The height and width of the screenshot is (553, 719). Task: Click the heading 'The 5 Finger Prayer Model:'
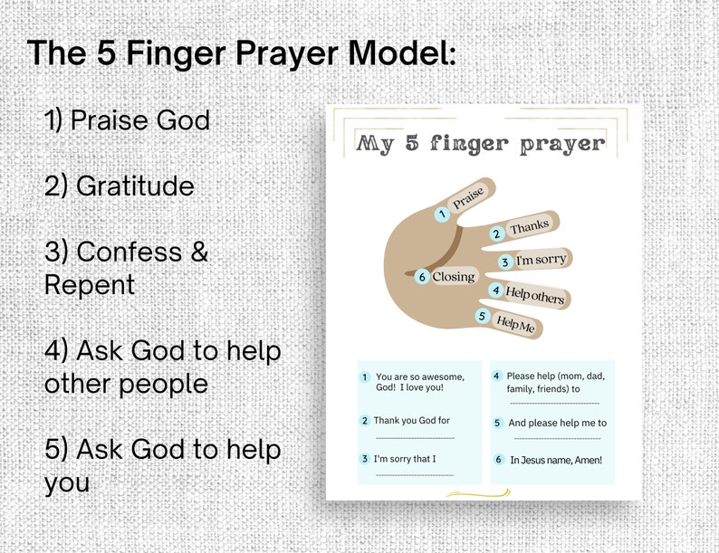click(x=242, y=52)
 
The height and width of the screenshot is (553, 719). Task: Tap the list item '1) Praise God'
click(x=127, y=119)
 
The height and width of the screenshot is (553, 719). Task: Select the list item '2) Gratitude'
click(x=119, y=186)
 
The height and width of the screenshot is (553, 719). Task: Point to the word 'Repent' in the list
click(x=90, y=284)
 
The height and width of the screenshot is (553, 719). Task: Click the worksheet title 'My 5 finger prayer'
click(x=480, y=143)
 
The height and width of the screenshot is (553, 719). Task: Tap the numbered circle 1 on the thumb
click(x=441, y=215)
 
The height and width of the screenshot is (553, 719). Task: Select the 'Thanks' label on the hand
click(x=529, y=227)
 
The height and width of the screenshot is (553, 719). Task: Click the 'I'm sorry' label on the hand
click(x=541, y=261)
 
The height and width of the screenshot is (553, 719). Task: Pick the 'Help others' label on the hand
click(x=534, y=294)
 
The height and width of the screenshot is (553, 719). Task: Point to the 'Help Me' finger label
click(x=515, y=322)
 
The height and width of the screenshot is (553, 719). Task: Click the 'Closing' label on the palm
click(x=454, y=277)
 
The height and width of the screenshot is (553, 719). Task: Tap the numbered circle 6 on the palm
click(x=422, y=277)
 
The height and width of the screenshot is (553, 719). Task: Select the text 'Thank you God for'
click(x=412, y=420)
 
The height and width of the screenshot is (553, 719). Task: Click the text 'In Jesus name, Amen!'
click(x=555, y=460)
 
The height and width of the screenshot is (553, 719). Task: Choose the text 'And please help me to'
click(x=557, y=423)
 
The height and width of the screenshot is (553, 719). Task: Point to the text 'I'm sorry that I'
click(x=405, y=459)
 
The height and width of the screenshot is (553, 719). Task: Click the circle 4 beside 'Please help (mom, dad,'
click(x=497, y=377)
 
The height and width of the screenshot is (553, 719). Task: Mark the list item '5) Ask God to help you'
click(x=162, y=465)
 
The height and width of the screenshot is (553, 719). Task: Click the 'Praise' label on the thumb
click(x=468, y=199)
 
